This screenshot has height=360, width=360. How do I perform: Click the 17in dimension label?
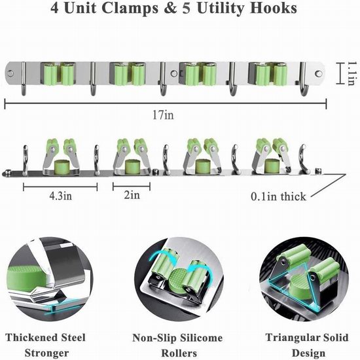tap(163, 115)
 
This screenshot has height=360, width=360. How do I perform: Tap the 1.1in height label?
tap(351, 73)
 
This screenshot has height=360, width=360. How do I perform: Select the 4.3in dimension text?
tap(61, 196)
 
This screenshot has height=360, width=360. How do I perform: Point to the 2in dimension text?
tap(132, 195)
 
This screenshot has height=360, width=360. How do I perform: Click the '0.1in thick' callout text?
tap(278, 196)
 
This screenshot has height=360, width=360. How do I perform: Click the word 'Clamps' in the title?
tap(130, 9)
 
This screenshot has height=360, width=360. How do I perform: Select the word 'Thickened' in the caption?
tap(31, 338)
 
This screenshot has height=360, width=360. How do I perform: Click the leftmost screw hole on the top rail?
tap(10, 74)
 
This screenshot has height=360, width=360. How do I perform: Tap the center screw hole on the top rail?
tap(174, 74)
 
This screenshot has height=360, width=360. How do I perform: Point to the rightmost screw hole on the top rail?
tap(319, 73)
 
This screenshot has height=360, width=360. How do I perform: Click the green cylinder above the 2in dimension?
tap(132, 166)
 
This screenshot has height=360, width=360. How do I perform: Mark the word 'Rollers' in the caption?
tap(179, 353)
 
